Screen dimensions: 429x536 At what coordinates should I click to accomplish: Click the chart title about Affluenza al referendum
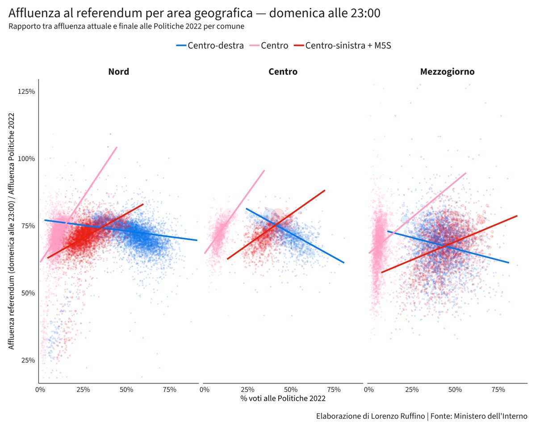coord(194,13)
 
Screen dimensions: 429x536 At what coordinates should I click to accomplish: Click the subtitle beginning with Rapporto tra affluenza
coord(126,26)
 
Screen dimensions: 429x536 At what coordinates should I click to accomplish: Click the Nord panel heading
coord(119,71)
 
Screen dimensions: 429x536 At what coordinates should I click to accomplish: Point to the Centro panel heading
coord(283,71)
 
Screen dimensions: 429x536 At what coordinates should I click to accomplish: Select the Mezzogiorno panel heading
coord(447,71)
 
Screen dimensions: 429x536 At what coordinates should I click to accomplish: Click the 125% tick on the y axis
coord(26,92)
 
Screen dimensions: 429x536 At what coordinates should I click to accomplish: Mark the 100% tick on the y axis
coord(26,159)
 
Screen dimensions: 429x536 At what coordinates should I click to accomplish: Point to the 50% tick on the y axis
coord(27,293)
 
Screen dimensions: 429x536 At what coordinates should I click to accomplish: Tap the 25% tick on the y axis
coord(27,360)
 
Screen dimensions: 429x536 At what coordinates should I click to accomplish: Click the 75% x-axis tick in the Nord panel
coord(170,390)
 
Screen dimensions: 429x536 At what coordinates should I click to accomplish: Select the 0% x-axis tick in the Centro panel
coord(205,390)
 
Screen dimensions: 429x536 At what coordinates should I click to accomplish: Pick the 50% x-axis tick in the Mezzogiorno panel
coord(455,390)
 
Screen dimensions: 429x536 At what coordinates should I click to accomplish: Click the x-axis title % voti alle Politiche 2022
coord(283,399)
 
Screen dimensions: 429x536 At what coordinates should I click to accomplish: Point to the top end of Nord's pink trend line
coord(117,147)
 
